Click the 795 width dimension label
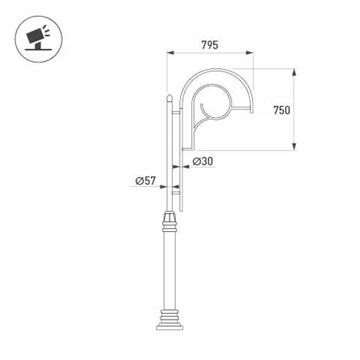pyautogui.click(x=210, y=45)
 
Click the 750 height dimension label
pyautogui.click(x=282, y=110)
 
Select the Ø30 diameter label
pyautogui.click(x=202, y=162)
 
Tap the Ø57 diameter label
pyautogui.click(x=145, y=181)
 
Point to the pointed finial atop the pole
pyautogui.click(x=169, y=98)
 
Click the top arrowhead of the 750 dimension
pyautogui.click(x=294, y=72)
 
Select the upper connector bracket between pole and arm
pyautogui.click(x=176, y=113)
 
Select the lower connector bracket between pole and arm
pyautogui.click(x=176, y=193)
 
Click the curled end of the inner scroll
pyautogui.click(x=202, y=106)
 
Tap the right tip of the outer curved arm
pyautogui.click(x=252, y=110)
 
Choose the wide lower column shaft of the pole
pyautogui.click(x=169, y=270)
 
